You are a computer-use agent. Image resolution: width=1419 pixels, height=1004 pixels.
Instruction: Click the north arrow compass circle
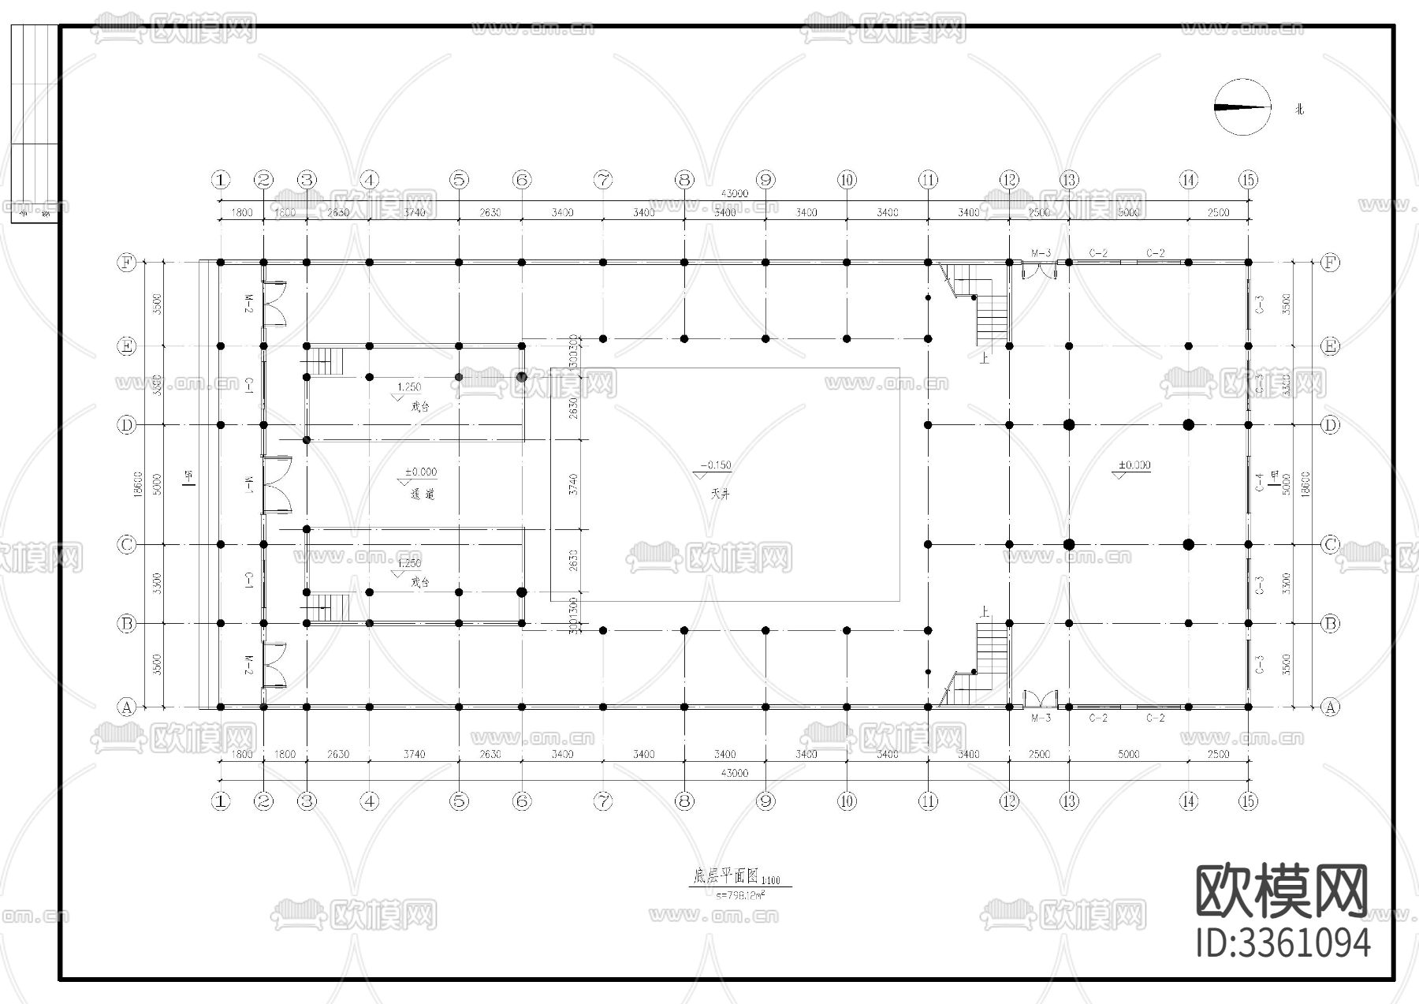[x=1243, y=107]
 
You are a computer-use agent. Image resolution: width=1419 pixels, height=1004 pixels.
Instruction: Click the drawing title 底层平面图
[x=724, y=875]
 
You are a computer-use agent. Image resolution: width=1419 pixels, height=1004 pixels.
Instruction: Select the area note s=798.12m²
[x=742, y=895]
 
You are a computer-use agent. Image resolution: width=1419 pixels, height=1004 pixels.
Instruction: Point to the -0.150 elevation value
[x=717, y=465]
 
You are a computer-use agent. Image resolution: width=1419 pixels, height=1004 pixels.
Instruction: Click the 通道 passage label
[x=422, y=495]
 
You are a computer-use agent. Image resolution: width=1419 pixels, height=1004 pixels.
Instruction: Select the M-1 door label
[x=249, y=483]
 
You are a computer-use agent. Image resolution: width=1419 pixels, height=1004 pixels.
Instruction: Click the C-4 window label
[x=1260, y=482]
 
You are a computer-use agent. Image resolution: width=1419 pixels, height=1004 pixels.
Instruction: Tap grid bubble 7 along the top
[x=603, y=180]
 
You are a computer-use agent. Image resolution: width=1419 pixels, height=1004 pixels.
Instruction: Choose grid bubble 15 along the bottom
[x=1248, y=801]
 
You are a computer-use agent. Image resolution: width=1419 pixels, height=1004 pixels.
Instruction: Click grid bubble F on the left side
[x=126, y=262]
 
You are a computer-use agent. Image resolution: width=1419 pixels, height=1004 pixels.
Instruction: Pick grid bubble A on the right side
[x=1330, y=707]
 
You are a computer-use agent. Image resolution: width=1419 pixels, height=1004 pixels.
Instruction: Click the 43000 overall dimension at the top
[x=734, y=194]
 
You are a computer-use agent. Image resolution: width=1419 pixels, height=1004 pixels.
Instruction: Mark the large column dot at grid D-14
[x=1189, y=425]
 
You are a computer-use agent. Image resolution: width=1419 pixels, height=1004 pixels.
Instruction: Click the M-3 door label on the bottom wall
[x=1041, y=718]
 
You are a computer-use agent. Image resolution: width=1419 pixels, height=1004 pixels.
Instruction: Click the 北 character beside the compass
[x=1299, y=109]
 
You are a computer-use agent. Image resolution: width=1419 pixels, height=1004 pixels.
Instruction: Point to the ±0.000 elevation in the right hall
[x=1134, y=465]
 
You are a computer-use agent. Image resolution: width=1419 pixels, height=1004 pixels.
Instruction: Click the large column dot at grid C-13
[x=1069, y=544]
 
